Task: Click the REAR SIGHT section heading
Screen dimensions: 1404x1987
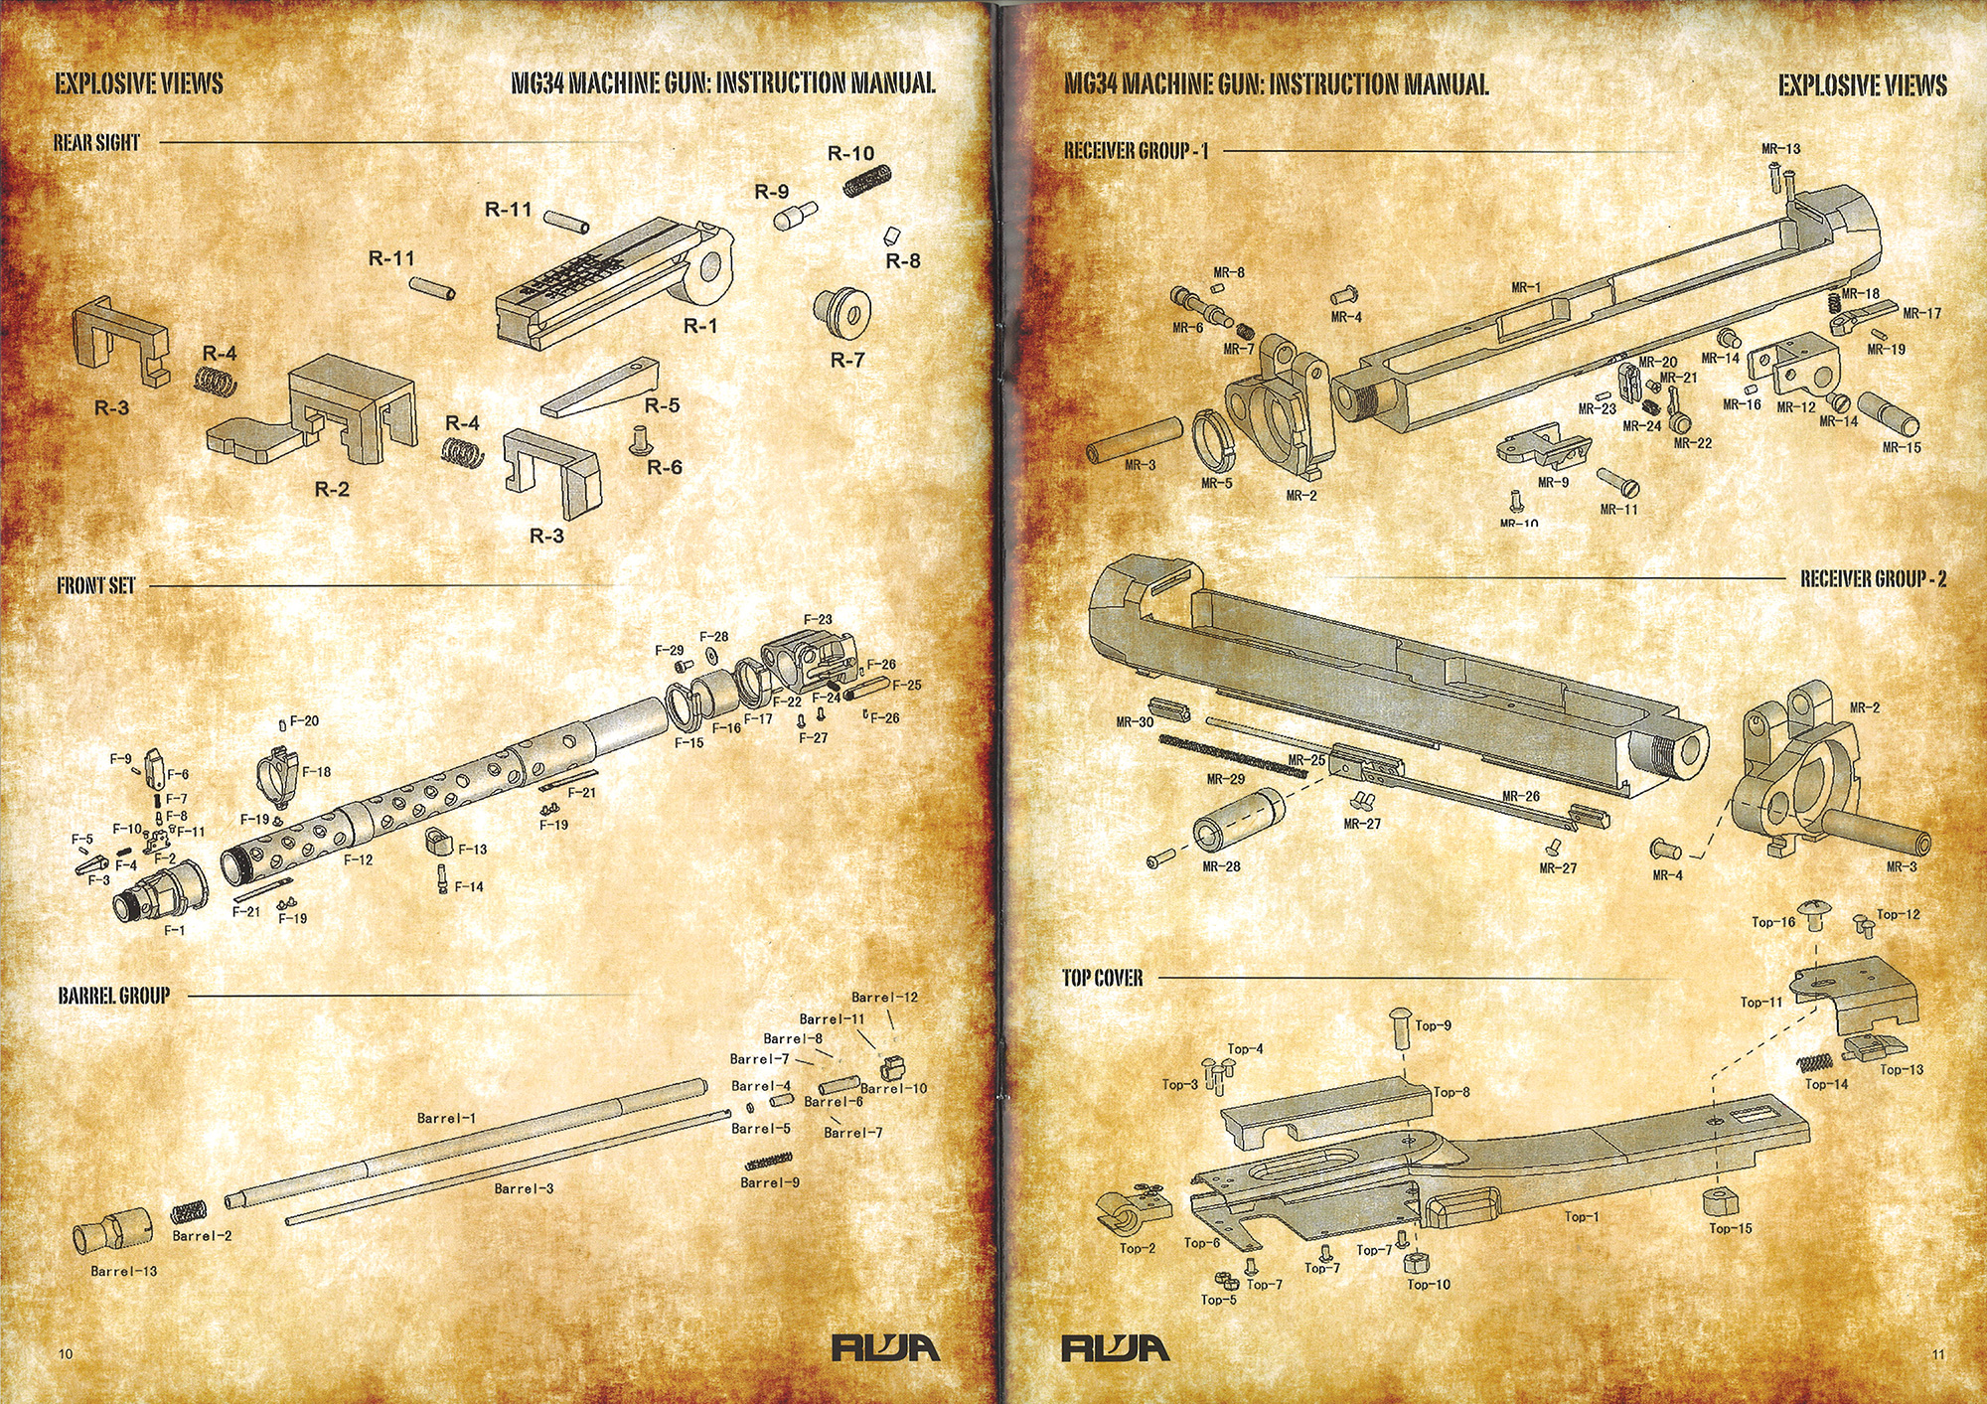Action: (x=96, y=143)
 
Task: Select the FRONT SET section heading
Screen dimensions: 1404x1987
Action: (x=95, y=586)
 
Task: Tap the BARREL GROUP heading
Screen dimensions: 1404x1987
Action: (x=113, y=996)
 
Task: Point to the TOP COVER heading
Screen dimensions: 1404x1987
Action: (x=1102, y=979)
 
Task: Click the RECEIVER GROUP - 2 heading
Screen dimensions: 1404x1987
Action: (x=1873, y=579)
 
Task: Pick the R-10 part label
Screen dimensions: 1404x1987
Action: (x=850, y=154)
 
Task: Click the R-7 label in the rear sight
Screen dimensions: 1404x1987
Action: (x=847, y=360)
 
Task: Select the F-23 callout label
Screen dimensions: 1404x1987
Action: (x=818, y=620)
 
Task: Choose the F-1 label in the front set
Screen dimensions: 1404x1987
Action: (x=175, y=931)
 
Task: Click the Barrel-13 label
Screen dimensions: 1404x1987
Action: (x=123, y=1272)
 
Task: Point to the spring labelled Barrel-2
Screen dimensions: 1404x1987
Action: (x=188, y=1212)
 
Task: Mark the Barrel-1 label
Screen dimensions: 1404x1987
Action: (x=446, y=1119)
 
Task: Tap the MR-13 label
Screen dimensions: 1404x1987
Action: (x=1780, y=149)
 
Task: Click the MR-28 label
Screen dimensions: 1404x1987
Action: (x=1221, y=867)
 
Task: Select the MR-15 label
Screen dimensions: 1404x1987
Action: (x=1902, y=448)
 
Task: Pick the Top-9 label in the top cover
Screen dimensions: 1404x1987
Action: (x=1433, y=1026)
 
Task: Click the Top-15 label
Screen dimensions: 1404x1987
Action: (x=1730, y=1229)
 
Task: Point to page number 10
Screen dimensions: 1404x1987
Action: (x=66, y=1354)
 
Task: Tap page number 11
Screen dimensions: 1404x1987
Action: (x=1938, y=1354)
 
